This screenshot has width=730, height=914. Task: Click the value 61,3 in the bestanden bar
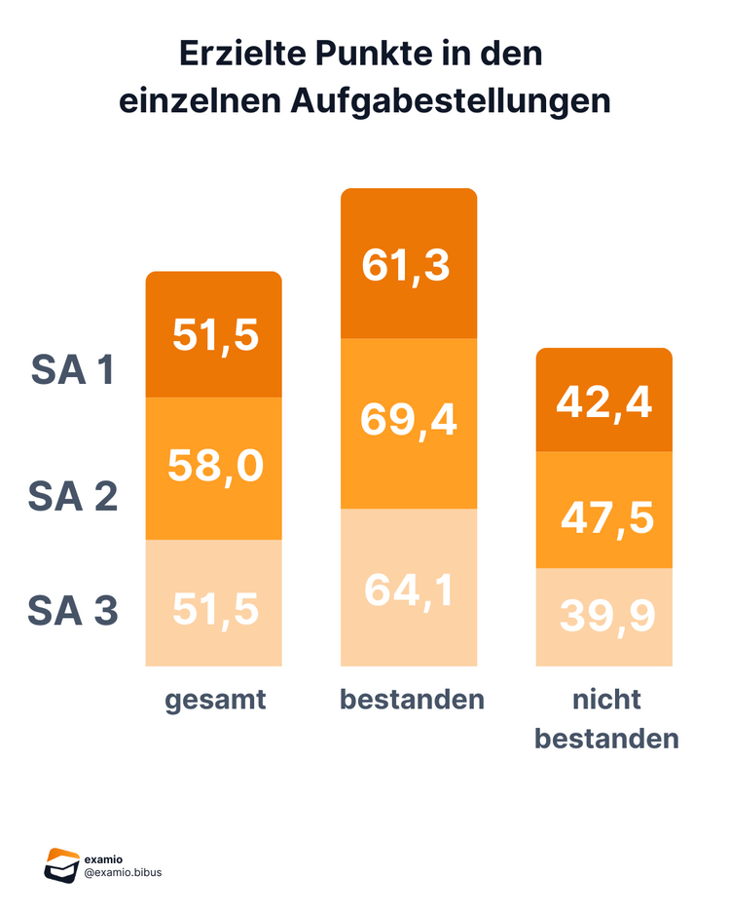click(406, 265)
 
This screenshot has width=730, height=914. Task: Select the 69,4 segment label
click(408, 420)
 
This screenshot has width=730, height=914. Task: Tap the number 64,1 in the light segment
click(408, 590)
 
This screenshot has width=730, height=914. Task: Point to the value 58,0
click(215, 466)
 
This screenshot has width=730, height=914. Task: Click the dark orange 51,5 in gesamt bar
click(215, 334)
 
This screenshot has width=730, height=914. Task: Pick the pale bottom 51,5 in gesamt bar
click(215, 608)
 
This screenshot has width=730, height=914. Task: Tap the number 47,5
click(606, 515)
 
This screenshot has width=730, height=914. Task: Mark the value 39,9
click(606, 615)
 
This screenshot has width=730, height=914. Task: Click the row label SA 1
click(73, 370)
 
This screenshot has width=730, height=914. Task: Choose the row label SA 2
click(73, 497)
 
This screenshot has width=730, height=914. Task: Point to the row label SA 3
click(73, 611)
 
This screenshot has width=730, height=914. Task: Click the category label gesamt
click(215, 700)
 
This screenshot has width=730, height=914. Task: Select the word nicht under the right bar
click(605, 700)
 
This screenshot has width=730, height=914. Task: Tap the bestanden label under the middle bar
click(412, 700)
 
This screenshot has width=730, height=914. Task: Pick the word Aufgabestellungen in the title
click(450, 101)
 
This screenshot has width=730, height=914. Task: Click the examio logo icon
click(61, 865)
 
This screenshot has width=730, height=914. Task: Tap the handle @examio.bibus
click(124, 872)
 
